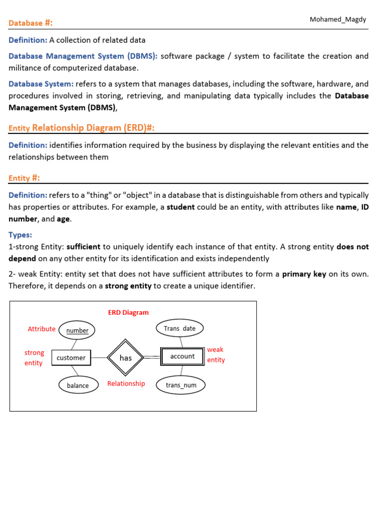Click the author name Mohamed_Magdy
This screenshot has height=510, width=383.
pyautogui.click(x=338, y=19)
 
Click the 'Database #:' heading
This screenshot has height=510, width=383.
pyautogui.click(x=30, y=23)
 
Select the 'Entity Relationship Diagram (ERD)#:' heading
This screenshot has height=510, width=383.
pyautogui.click(x=81, y=128)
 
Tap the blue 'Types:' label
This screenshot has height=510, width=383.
pyautogui.click(x=20, y=235)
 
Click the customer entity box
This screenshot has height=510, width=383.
pyautogui.click(x=71, y=358)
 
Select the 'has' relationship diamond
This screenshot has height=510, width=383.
pyautogui.click(x=126, y=358)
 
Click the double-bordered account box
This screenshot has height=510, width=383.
pyautogui.click(x=182, y=357)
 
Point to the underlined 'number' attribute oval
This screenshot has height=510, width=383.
pyautogui.click(x=77, y=330)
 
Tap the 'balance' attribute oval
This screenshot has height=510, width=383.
pyautogui.click(x=78, y=385)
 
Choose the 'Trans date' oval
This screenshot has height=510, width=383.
pyautogui.click(x=180, y=328)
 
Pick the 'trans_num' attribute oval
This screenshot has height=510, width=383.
pyautogui.click(x=181, y=385)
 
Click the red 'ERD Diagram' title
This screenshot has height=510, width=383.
pyautogui.click(x=128, y=312)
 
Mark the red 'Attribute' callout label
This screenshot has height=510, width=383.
pyautogui.click(x=41, y=329)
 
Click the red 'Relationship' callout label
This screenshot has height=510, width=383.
pyautogui.click(x=126, y=383)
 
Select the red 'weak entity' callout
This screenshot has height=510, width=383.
pyautogui.click(x=216, y=355)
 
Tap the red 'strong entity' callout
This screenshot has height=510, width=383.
pyautogui.click(x=34, y=358)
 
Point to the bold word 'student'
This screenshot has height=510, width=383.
pyautogui.click(x=181, y=207)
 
